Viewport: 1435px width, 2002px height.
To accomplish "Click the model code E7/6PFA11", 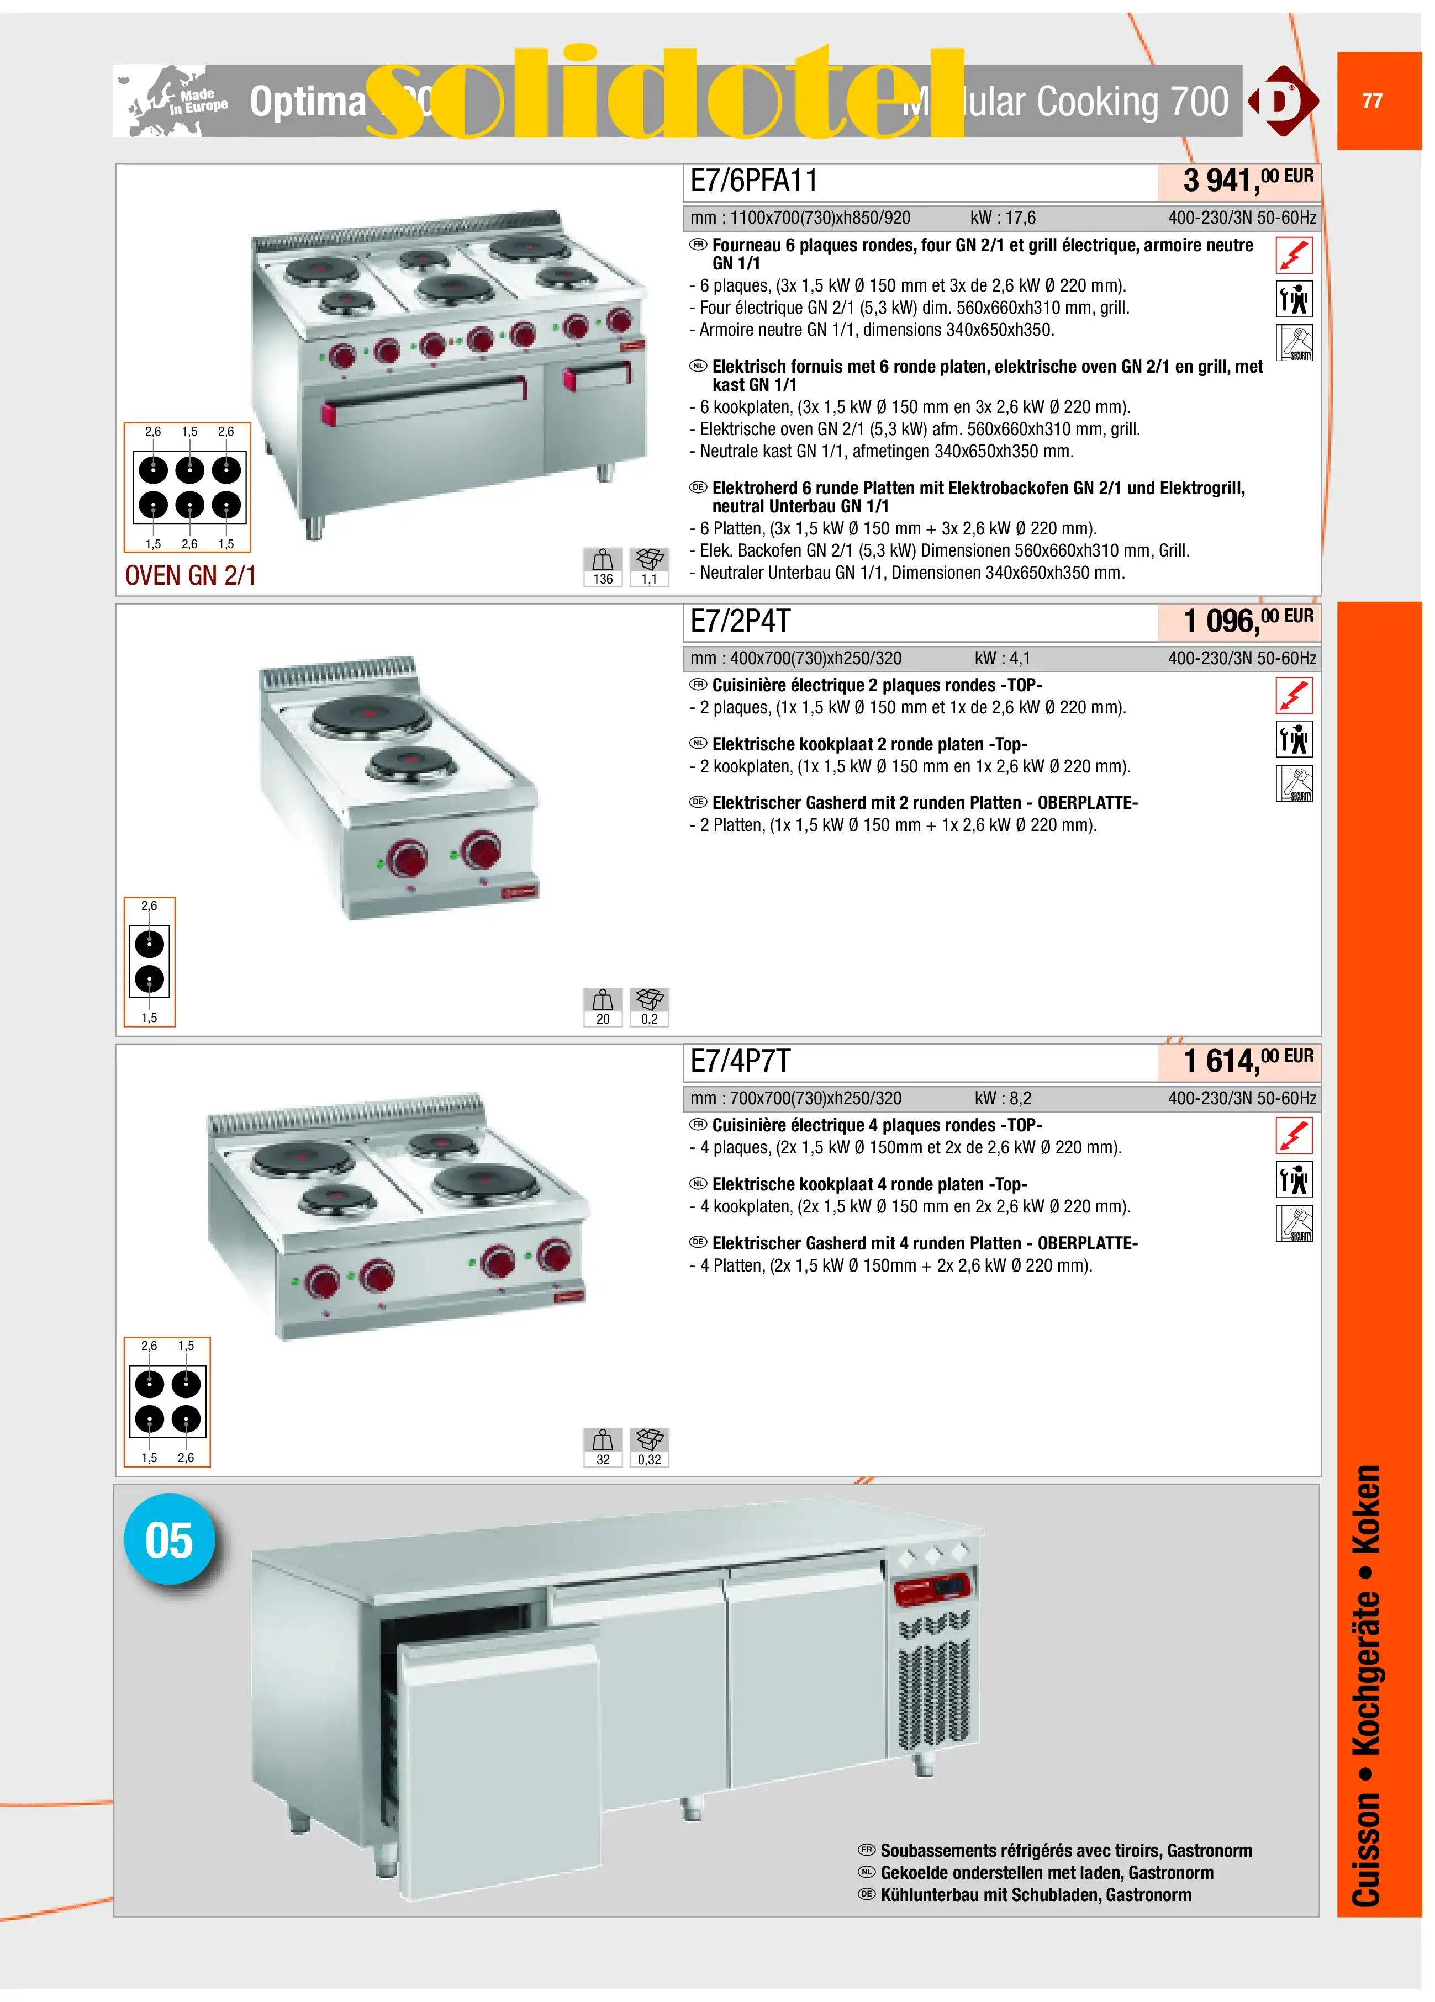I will (753, 181).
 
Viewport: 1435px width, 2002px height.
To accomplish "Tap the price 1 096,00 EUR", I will (1246, 621).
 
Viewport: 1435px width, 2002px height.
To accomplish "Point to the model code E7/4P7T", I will (740, 1061).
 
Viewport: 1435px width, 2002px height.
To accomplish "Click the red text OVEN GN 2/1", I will (190, 575).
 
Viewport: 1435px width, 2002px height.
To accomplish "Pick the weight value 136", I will (603, 579).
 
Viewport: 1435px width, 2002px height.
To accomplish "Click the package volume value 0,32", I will (649, 1459).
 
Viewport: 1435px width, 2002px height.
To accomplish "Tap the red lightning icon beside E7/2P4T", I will (1294, 696).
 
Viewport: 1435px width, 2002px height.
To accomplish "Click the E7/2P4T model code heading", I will (740, 622).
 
